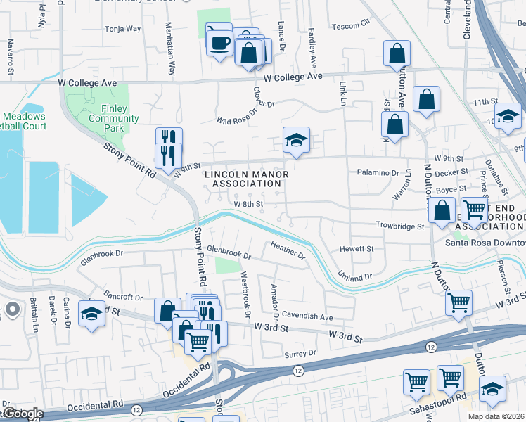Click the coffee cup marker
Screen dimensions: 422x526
click(219, 41)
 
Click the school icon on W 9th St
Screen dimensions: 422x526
click(296, 141)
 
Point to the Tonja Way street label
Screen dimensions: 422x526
click(122, 30)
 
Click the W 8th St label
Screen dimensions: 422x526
click(248, 204)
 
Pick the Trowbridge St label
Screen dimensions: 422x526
click(400, 226)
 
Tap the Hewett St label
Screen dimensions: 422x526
click(358, 249)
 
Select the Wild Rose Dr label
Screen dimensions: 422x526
click(245, 113)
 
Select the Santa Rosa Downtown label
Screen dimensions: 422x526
click(485, 243)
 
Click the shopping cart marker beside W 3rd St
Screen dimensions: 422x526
click(458, 303)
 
